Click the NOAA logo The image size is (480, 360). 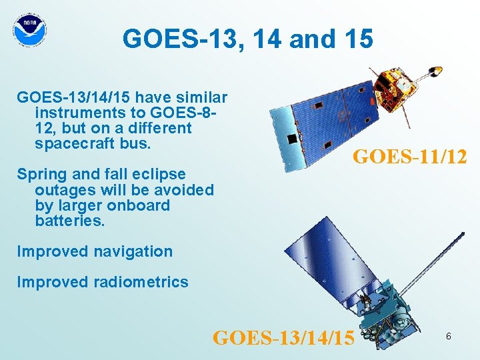30,29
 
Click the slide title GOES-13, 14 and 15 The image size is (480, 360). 247,39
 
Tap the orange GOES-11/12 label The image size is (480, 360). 409,157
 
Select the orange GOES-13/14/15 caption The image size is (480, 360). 283,337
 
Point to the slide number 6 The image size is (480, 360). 449,337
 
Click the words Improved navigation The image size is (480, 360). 95,251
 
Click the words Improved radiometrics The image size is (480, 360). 103,282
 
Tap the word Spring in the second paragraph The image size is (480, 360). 41,174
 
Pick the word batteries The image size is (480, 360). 70,221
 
